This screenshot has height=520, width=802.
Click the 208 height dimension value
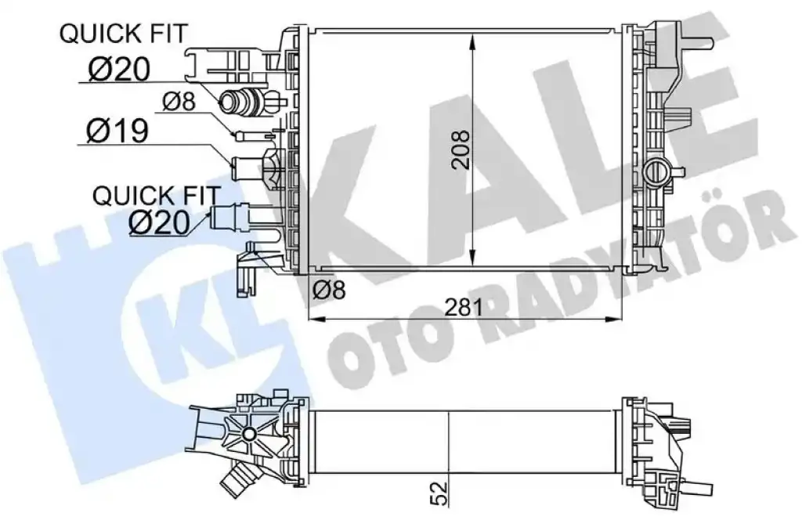[461, 150]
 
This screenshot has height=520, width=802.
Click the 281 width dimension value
[464, 306]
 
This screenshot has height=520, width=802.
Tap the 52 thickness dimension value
[439, 493]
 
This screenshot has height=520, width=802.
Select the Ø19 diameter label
[117, 130]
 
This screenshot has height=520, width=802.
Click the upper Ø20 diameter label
[119, 68]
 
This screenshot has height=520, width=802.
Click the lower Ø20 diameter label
[159, 223]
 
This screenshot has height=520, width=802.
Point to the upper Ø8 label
[179, 101]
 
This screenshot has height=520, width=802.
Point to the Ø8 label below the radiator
[329, 290]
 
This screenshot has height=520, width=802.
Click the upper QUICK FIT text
[123, 34]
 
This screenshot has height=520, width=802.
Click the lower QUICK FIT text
[157, 195]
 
